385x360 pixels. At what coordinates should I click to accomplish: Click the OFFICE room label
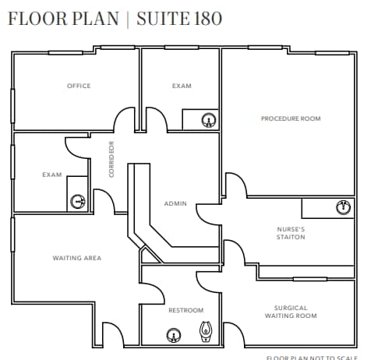(x=79, y=86)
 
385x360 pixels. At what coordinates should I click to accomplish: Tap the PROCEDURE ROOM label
(x=291, y=118)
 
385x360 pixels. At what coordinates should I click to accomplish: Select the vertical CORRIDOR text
(x=112, y=159)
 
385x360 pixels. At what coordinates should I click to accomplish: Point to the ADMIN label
(x=175, y=203)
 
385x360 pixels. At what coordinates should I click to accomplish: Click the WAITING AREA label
(x=76, y=258)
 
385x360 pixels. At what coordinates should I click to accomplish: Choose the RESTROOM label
(x=185, y=310)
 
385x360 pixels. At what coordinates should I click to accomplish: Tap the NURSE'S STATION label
(x=291, y=233)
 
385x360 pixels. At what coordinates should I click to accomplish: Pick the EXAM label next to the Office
(x=182, y=86)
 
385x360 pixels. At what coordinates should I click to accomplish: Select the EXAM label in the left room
(x=52, y=175)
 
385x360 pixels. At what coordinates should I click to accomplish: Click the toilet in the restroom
(x=207, y=333)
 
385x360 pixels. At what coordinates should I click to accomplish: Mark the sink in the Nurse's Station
(x=341, y=207)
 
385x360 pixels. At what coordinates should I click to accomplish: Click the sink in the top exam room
(x=208, y=120)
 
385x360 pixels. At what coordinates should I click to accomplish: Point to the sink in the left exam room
(x=78, y=201)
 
